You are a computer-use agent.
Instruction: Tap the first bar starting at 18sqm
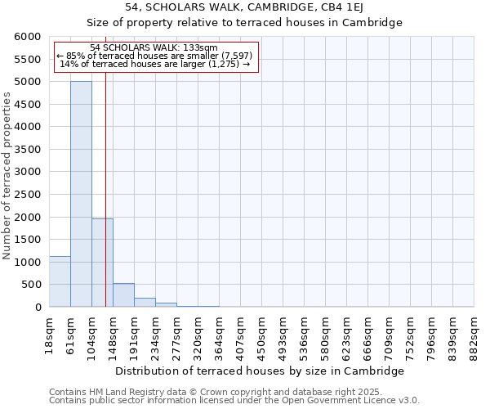coord(60,281)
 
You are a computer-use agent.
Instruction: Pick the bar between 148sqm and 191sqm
coord(123,295)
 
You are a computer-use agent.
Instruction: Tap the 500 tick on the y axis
coord(31,285)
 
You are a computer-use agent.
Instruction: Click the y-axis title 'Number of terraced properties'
coord(7,176)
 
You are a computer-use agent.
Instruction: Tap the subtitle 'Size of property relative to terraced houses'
coord(244,23)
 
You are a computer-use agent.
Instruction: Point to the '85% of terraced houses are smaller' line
coord(155,56)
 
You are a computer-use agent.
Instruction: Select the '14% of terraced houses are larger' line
coord(155,64)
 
